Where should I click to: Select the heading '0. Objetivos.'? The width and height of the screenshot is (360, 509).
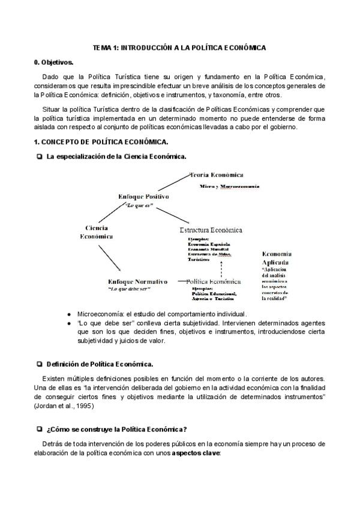[x=53, y=62]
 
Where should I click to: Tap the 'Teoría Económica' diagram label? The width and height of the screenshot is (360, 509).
[x=216, y=175]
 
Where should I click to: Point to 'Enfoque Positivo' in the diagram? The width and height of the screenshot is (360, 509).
[x=144, y=196]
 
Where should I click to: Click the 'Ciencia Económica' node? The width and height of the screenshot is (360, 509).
[x=97, y=232]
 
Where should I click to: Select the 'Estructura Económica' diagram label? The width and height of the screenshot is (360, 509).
[x=211, y=230]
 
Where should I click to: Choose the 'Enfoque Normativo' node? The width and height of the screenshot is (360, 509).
[x=137, y=282]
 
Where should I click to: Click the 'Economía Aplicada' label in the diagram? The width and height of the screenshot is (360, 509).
[x=276, y=258]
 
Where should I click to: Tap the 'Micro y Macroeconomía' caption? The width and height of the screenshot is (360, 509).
[x=229, y=187]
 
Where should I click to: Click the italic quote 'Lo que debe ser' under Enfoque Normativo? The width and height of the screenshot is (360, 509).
[x=128, y=289]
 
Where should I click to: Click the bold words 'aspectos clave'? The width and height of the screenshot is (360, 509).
[x=196, y=453]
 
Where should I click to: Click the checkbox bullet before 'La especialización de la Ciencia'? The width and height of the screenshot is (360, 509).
[x=39, y=156]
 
